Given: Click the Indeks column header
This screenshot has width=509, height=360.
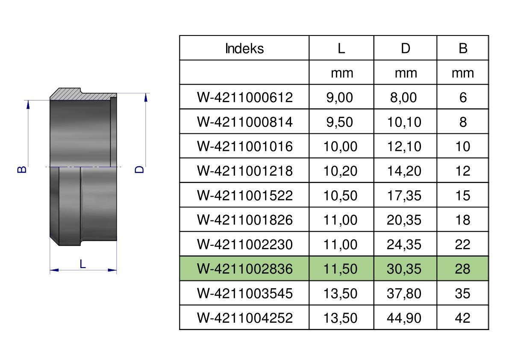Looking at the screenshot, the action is (244, 48).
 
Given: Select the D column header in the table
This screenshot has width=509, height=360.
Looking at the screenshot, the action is (406, 48).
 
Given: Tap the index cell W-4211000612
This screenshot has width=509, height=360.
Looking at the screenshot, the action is (245, 97).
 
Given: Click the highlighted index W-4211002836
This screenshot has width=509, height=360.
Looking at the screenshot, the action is (245, 269).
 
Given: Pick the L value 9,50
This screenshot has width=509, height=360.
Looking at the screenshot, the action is (340, 122).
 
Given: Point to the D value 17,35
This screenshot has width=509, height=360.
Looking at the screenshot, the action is (404, 195).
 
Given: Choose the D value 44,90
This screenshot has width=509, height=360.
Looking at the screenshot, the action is (404, 318).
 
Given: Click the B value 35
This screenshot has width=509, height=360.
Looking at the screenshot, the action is (462, 293).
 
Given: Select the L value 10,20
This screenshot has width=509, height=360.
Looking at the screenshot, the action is (340, 171).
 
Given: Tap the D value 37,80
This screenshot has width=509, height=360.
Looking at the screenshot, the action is (404, 293).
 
